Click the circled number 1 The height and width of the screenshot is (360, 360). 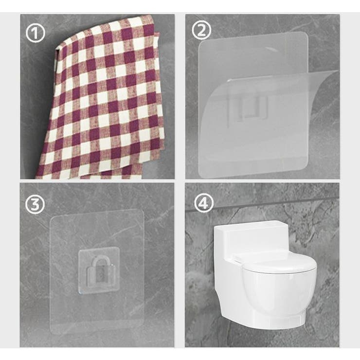click(x=35, y=33)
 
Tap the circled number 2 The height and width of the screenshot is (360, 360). click(x=201, y=31)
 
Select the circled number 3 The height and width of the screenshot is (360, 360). click(x=35, y=204)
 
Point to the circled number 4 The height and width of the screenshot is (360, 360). click(x=204, y=203)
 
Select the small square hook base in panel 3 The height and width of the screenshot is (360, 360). click(x=99, y=270)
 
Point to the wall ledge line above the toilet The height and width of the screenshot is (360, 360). click(x=262, y=203)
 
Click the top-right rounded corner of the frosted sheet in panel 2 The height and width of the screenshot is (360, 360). click(x=305, y=35)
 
